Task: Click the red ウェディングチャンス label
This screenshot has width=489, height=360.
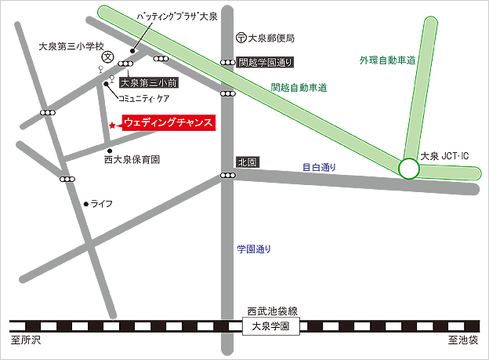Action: pyautogui.click(x=168, y=124)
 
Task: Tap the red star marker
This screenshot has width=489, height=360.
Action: pyautogui.click(x=113, y=125)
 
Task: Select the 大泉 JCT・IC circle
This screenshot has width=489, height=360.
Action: pyautogui.click(x=408, y=168)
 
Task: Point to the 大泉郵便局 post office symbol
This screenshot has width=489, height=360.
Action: pyautogui.click(x=240, y=37)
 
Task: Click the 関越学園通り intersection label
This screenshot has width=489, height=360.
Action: pyautogui.click(x=266, y=62)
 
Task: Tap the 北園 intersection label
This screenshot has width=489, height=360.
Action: pyautogui.click(x=247, y=162)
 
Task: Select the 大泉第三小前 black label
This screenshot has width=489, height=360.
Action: pyautogui.click(x=150, y=82)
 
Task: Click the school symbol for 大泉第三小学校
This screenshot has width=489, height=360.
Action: pyautogui.click(x=108, y=56)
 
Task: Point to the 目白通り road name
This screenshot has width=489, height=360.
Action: pyautogui.click(x=319, y=167)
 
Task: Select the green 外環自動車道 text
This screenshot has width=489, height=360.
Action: pyautogui.click(x=386, y=60)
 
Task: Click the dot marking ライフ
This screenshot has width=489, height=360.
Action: pyautogui.click(x=87, y=203)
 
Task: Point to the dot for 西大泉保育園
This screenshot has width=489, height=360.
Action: pyautogui.click(x=110, y=151)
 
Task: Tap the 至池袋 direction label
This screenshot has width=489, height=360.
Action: pyautogui.click(x=463, y=341)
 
